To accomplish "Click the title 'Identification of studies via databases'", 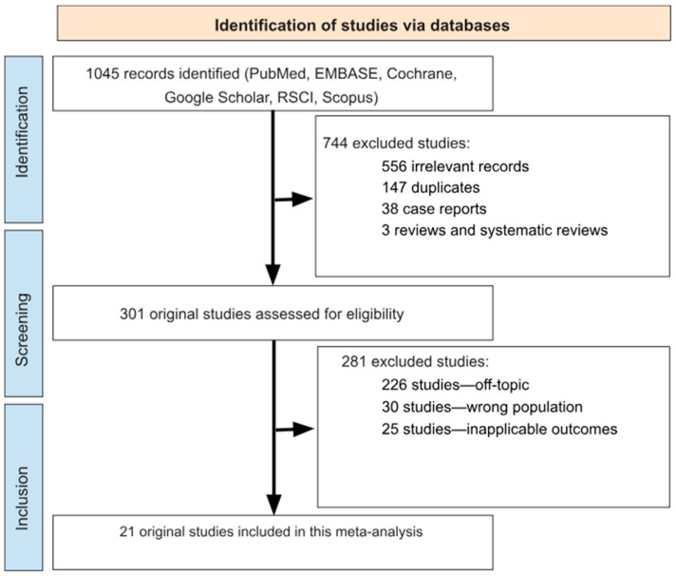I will pyautogui.click(x=363, y=26).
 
